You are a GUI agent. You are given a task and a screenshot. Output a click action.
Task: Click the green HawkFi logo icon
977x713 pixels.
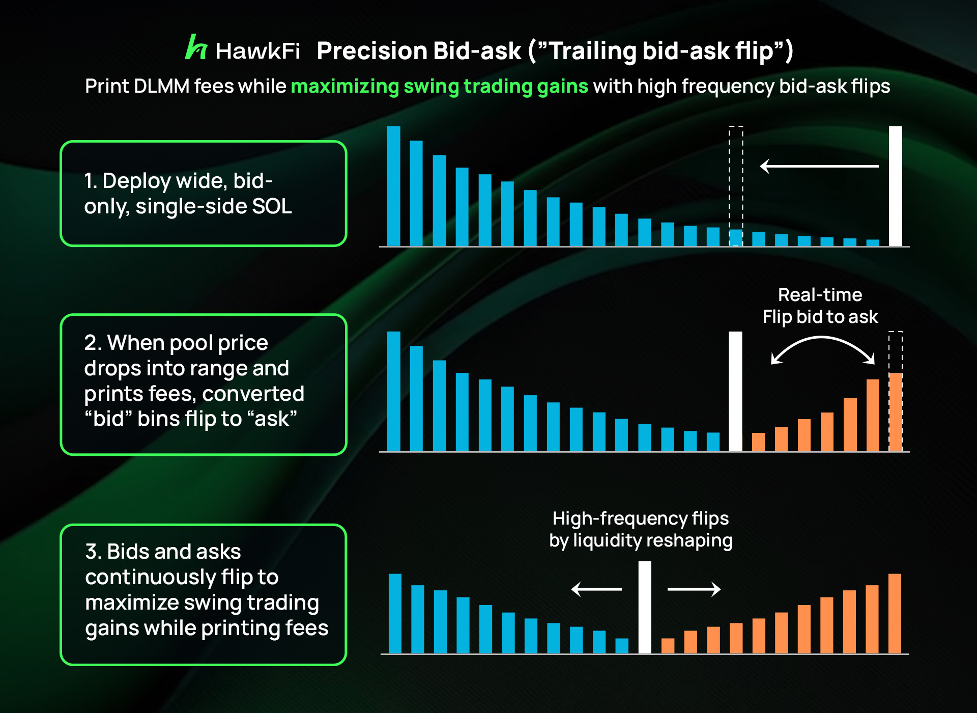196,47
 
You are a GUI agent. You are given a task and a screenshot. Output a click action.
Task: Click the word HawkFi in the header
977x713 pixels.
257,51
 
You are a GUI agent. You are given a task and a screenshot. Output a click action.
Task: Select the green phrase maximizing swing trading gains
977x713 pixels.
439,87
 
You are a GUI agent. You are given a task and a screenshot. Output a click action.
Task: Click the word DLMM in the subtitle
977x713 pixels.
161,86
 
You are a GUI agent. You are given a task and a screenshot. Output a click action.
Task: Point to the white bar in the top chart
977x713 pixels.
895,186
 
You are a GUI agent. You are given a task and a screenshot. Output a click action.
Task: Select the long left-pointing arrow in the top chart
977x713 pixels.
819,166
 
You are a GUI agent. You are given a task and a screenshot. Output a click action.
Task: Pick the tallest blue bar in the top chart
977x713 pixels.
393,186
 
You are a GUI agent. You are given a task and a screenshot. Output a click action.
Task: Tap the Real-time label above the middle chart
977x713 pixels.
820,295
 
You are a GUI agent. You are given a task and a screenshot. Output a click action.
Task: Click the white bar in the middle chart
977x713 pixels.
735,392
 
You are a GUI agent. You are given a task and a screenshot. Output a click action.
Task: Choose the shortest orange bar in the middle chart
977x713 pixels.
758,442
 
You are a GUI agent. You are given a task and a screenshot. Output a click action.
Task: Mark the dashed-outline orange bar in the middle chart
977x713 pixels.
896,391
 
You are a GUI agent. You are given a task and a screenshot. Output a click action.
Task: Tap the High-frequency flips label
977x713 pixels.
641,518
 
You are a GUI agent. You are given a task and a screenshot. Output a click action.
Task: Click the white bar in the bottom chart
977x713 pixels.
645,608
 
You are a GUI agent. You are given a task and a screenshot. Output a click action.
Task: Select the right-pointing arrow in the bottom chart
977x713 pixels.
694,589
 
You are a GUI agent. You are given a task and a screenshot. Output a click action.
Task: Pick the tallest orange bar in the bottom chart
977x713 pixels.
895,614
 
